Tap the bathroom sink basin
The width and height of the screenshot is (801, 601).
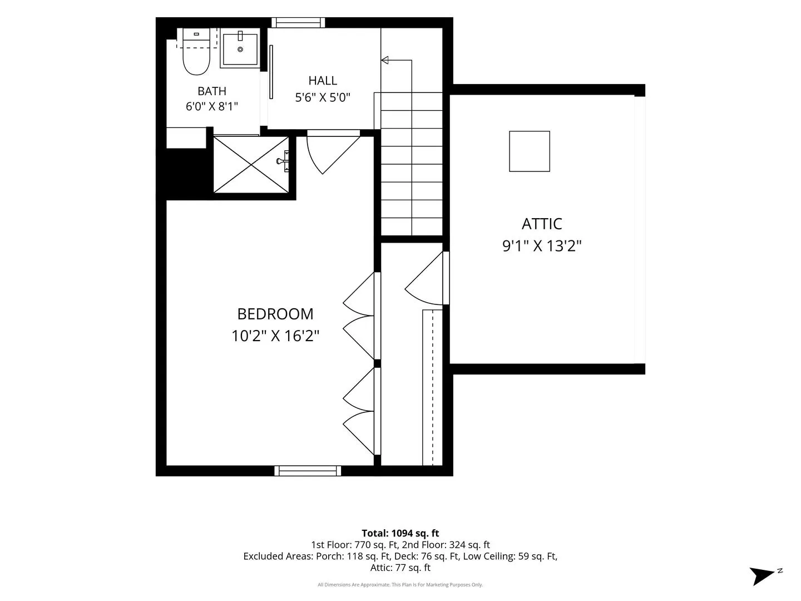(x=240, y=49)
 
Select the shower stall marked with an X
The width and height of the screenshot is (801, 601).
(x=251, y=165)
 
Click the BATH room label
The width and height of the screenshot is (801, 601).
(x=212, y=91)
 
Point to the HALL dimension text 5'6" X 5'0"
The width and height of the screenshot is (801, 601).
(x=323, y=97)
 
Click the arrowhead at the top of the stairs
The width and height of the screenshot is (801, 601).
(x=384, y=60)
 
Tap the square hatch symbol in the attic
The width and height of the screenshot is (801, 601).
(x=530, y=151)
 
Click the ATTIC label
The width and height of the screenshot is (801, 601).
(x=542, y=224)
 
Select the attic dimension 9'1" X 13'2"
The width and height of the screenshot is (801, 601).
(x=542, y=245)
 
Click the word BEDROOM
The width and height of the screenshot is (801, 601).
(x=275, y=314)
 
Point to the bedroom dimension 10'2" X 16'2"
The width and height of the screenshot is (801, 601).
(x=275, y=336)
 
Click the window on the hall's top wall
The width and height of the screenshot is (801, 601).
(x=298, y=22)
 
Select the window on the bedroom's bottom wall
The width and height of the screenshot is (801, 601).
(x=308, y=471)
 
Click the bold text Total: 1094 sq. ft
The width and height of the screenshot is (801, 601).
(x=400, y=533)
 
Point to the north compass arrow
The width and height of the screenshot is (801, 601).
(x=762, y=575)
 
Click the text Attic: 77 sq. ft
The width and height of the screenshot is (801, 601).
(x=400, y=568)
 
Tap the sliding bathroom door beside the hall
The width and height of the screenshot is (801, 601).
(x=271, y=72)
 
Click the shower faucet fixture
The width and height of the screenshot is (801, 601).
(x=283, y=161)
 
